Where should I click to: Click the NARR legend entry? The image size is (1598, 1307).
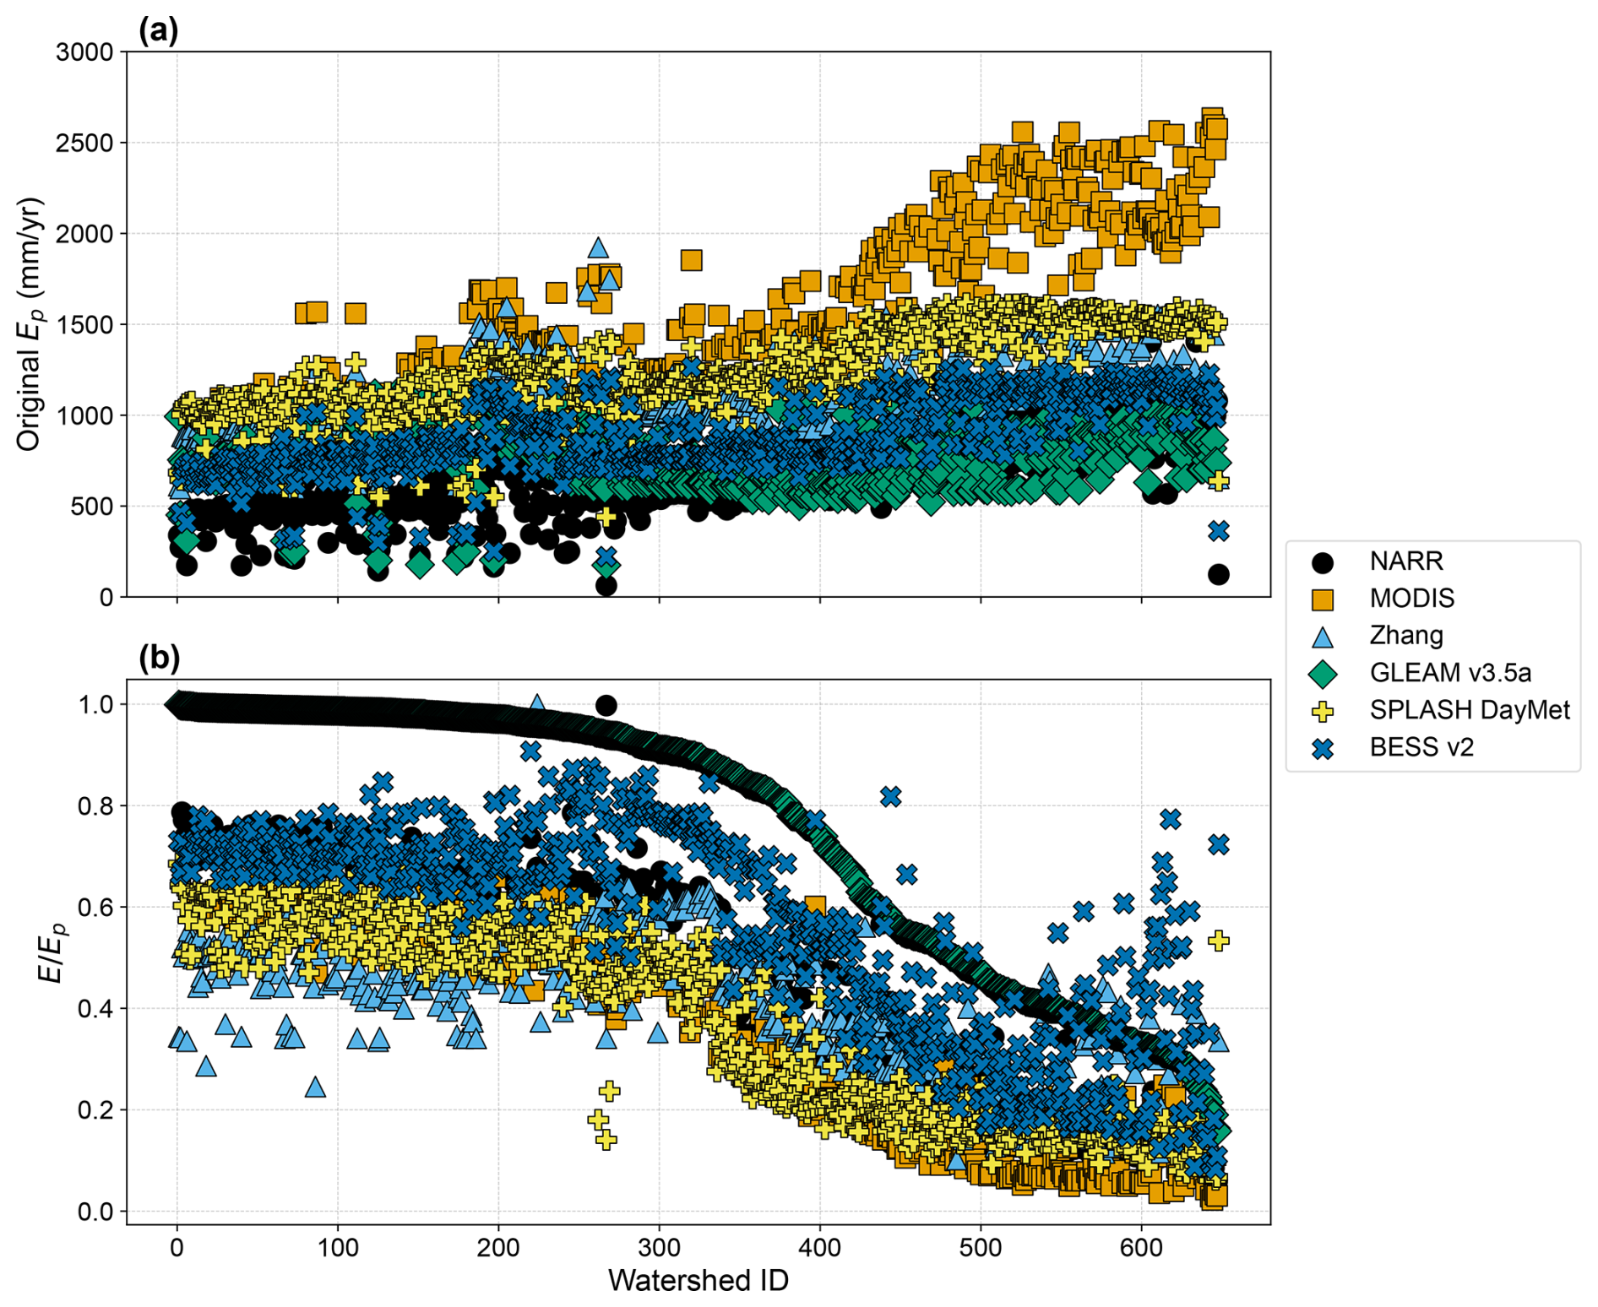1406,561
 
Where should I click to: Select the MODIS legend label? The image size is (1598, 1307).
1411,598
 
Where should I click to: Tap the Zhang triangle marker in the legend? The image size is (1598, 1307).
1323,636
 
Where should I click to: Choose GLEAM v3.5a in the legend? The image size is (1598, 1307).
1449,672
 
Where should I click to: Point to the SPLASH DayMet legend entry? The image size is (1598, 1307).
1469,709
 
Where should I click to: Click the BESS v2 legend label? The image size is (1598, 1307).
1421,746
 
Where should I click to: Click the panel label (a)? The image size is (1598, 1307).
158,30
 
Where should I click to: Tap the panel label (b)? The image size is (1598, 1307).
159,657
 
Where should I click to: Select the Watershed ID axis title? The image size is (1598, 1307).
698,1280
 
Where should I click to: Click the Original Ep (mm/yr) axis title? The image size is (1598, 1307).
30,324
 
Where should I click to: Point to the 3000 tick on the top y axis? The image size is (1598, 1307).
84,52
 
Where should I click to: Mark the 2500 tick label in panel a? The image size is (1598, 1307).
84,143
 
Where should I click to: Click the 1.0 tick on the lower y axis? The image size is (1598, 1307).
95,704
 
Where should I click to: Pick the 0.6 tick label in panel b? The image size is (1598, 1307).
95,907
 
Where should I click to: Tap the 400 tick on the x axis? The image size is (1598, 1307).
819,1247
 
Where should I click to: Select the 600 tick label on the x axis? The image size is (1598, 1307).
1141,1247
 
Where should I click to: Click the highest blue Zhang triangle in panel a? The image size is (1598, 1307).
598,247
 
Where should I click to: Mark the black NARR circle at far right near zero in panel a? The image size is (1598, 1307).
1218,574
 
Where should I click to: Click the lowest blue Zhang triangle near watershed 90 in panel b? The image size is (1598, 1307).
315,1087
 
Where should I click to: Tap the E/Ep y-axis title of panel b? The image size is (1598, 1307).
52,952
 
